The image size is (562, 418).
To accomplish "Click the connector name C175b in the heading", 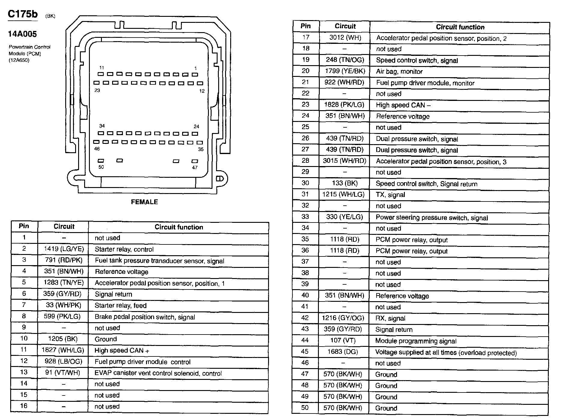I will (x=23, y=14).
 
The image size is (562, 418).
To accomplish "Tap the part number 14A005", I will (x=23, y=34).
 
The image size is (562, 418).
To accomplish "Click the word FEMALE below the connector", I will (x=144, y=202).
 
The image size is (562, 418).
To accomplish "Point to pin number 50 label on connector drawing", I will (x=101, y=167).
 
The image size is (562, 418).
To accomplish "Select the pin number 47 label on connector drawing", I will (x=195, y=167).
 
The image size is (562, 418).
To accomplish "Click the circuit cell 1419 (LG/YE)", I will (x=64, y=249).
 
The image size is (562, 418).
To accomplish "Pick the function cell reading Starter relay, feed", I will (x=121, y=305).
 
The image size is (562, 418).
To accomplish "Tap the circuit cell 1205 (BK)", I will (x=63, y=339).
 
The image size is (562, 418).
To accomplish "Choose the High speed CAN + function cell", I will (x=122, y=350).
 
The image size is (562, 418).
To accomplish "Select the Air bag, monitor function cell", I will (x=399, y=71).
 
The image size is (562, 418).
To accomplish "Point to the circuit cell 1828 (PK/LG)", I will (x=344, y=105).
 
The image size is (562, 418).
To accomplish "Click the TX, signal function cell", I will (x=390, y=195).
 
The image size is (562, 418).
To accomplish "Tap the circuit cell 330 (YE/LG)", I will (x=344, y=217).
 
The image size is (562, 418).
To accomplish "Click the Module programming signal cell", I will (x=416, y=341).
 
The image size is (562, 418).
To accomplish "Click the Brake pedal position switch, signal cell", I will (x=145, y=317).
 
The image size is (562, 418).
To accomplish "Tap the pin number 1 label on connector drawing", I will (x=196, y=68).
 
